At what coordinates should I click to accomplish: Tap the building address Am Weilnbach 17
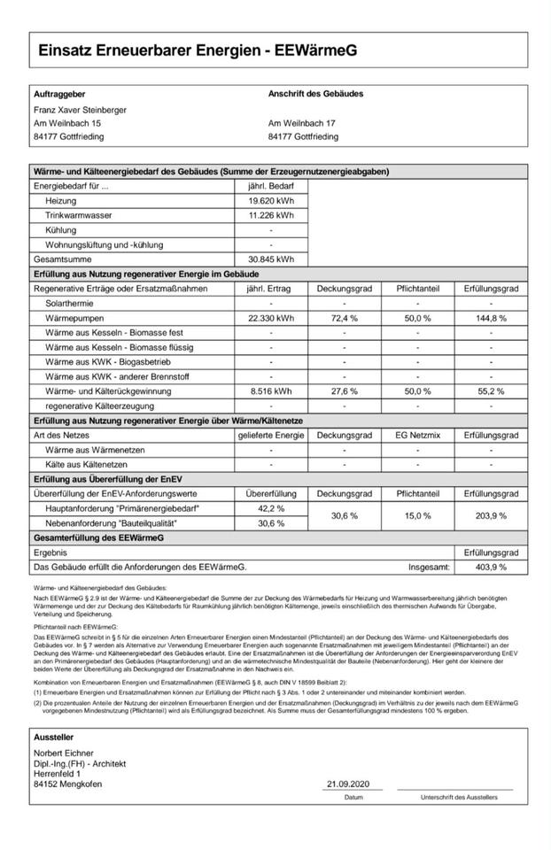[x=301, y=123]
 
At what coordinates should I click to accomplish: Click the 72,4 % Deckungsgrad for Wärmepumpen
[x=344, y=318]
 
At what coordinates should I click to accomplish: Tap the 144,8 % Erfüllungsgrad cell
[x=490, y=318]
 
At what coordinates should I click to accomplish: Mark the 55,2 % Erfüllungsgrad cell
[x=490, y=390]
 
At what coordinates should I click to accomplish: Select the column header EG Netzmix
[x=417, y=436]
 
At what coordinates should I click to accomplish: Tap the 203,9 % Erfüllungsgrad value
[x=490, y=515]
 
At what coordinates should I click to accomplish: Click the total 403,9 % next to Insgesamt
[x=490, y=567]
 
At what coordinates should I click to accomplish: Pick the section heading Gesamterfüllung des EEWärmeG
[x=98, y=537]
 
